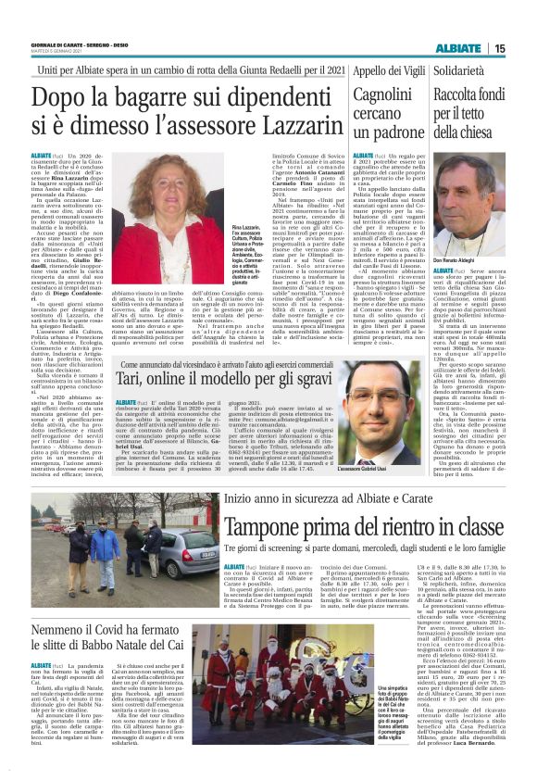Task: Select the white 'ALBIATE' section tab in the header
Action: (x=458, y=48)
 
